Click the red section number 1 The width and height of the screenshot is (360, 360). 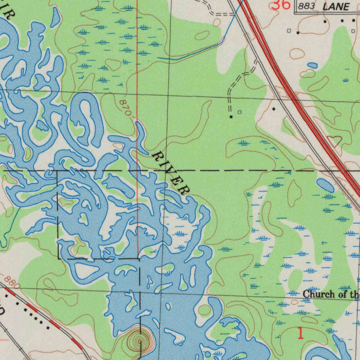coord(300,333)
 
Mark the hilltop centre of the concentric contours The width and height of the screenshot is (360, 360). coord(140,340)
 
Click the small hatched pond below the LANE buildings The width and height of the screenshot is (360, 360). coord(312,65)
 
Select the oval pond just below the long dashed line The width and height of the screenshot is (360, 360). coord(325,185)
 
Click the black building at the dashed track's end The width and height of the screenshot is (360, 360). coord(231,116)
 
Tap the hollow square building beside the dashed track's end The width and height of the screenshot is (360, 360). coord(239,112)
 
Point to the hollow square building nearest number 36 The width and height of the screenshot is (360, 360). coord(289,31)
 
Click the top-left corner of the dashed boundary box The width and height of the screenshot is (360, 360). coord(58,171)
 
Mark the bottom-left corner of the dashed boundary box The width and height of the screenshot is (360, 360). coord(58,259)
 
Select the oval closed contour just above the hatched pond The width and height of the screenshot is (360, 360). coord(297,54)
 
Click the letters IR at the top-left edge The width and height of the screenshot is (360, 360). coord(9,11)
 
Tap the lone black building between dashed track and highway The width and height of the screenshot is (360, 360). coord(274,109)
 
